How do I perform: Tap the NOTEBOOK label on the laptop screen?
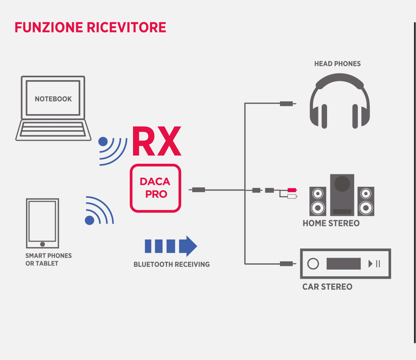[53, 99]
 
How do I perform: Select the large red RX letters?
[156, 142]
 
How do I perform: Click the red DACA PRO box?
[155, 188]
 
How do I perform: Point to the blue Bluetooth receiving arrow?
[171, 246]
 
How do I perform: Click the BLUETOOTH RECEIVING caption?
[171, 264]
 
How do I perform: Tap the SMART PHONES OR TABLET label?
[48, 259]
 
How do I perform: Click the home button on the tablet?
[43, 244]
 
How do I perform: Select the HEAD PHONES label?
[337, 64]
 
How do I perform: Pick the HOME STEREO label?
[331, 223]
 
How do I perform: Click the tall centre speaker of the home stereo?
[342, 194]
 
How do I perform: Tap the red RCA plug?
[292, 190]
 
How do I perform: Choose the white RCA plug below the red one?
[292, 196]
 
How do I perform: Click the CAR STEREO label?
[327, 287]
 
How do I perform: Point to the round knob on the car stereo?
[313, 264]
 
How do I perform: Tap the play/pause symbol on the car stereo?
[374, 264]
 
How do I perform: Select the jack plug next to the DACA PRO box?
[199, 190]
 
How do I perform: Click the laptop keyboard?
[53, 129]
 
